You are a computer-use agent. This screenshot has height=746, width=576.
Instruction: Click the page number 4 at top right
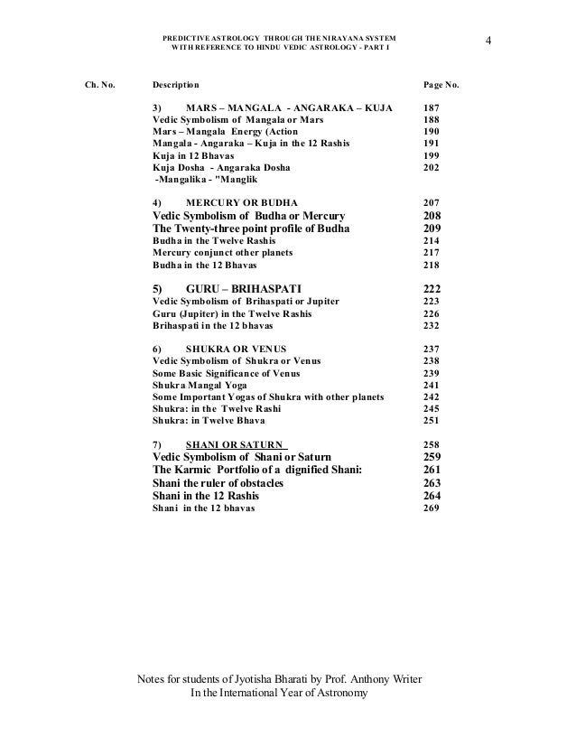click(x=488, y=40)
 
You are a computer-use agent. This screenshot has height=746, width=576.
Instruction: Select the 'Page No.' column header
click(x=441, y=86)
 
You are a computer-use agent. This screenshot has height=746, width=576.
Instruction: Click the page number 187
click(x=432, y=108)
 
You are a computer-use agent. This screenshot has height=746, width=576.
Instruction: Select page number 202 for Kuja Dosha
click(x=432, y=168)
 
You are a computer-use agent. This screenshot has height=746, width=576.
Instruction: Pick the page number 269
click(x=432, y=508)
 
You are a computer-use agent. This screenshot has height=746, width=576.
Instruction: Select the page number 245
click(x=432, y=408)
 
